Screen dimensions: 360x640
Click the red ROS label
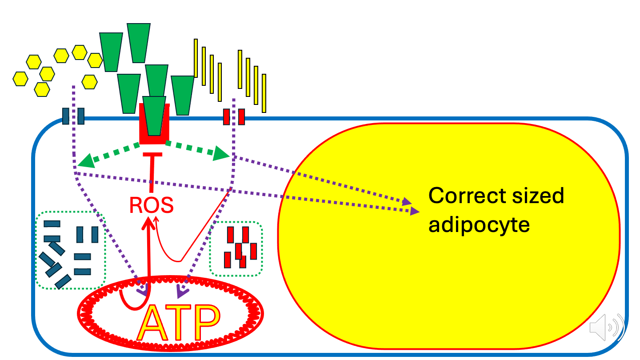point(151,205)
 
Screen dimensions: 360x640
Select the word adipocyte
point(479,225)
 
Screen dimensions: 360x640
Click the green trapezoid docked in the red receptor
point(154,115)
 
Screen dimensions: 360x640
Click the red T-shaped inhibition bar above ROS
point(153,155)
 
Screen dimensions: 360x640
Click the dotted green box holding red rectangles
point(236,249)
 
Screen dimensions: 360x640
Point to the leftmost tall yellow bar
point(196,58)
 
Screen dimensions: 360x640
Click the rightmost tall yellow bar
point(264,93)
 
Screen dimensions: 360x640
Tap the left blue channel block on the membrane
point(65,116)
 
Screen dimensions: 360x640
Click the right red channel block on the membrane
point(241,116)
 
